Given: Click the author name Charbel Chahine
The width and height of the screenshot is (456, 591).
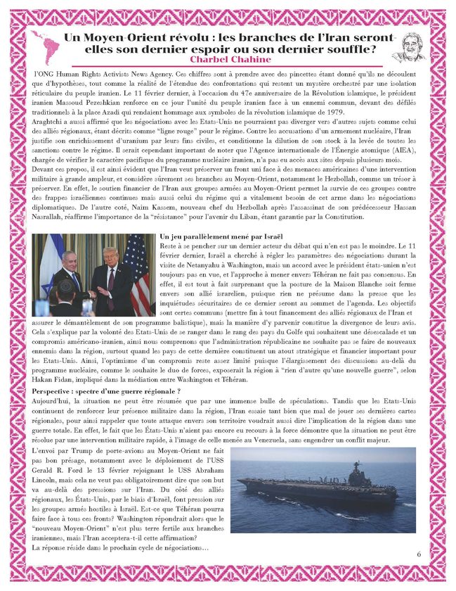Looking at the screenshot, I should (228, 60).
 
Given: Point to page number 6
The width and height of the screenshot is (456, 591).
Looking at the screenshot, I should (419, 554).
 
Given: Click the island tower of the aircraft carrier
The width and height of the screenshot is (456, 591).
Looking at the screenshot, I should (349, 476).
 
